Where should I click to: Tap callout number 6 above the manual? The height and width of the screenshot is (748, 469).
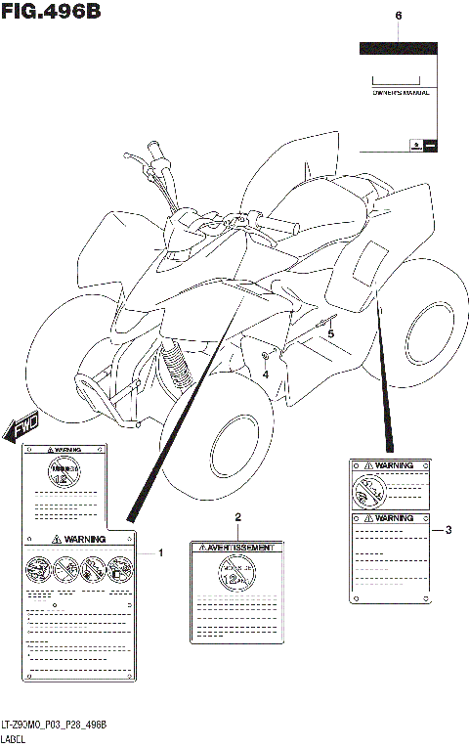(x=398, y=17)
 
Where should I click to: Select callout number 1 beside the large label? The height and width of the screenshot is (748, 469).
(x=161, y=553)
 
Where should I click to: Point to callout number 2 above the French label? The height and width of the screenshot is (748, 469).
(x=236, y=516)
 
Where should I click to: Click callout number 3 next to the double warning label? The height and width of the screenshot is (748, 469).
(x=448, y=530)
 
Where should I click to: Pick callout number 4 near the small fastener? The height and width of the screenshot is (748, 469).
(x=265, y=373)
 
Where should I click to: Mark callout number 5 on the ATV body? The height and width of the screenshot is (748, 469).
(x=330, y=334)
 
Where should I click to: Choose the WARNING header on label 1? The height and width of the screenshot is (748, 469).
(x=77, y=539)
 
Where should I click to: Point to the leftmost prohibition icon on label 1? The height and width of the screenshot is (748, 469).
(x=37, y=570)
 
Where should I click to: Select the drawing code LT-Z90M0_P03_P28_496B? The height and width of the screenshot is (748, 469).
(x=53, y=724)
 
